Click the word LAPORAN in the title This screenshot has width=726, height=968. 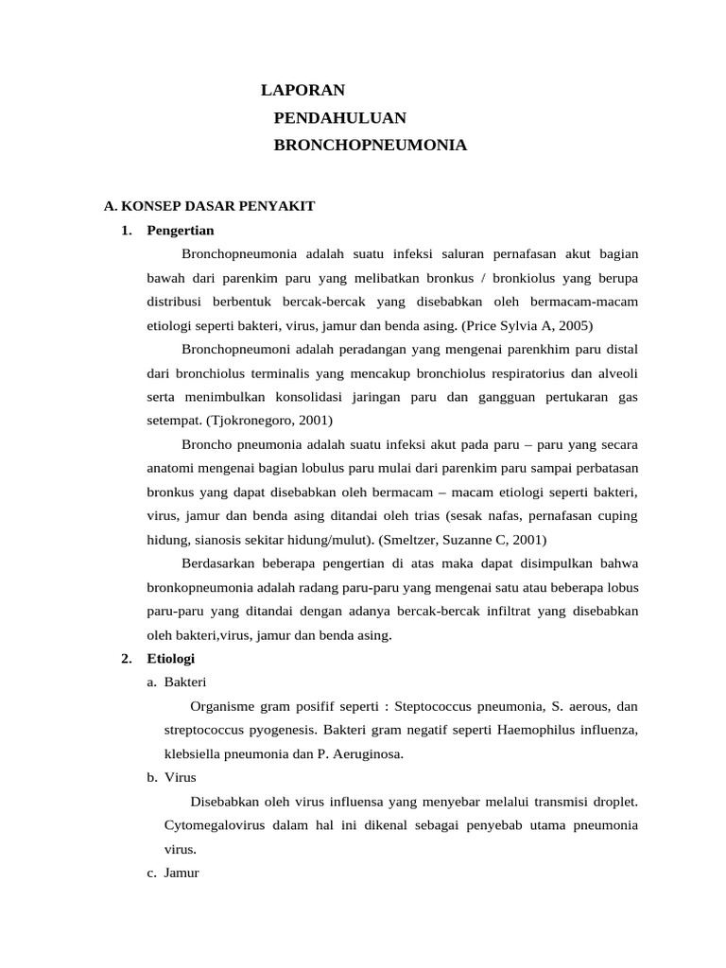302,91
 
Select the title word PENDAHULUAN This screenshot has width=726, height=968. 339,118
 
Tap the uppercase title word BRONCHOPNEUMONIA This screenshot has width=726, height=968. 370,146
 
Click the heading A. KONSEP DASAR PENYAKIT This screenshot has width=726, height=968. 208,206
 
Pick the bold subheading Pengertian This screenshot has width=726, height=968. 181,230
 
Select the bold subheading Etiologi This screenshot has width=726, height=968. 171,658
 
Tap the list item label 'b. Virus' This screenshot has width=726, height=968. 171,777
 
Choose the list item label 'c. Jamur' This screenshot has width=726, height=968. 173,873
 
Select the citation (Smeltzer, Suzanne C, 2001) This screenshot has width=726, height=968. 462,539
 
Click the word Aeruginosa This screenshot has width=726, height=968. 372,753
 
